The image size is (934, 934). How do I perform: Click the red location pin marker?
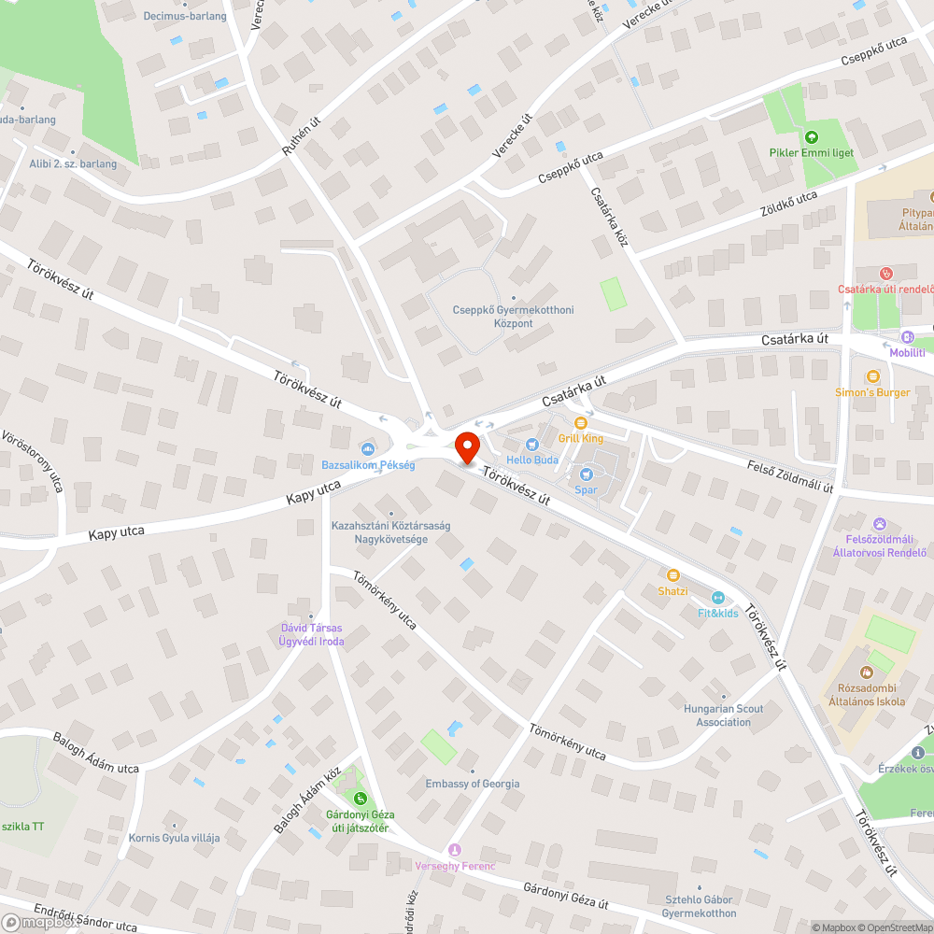pos(466,446)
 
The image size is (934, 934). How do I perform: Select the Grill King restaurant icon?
pos(580,423)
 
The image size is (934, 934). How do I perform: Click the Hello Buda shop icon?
pos(531,445)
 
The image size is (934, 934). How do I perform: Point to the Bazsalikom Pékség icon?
pos(367,450)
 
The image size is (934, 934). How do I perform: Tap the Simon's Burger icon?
pos(872,376)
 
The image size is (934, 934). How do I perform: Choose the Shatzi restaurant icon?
pos(672,575)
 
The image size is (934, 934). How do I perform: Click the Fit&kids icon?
pos(717,598)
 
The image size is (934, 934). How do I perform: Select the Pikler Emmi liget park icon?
pos(810,136)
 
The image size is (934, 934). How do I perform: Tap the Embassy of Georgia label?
pos(473,784)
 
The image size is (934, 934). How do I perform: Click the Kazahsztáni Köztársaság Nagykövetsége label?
pos(390,532)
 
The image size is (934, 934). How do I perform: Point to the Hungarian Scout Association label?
pos(723,715)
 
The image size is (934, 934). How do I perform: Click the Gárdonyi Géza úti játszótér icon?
pos(359,797)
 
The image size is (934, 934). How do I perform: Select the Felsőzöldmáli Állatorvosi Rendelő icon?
pos(879,523)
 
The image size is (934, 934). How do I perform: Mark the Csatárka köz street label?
pos(609,216)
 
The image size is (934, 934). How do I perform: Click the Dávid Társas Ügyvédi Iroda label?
pos(311,634)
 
